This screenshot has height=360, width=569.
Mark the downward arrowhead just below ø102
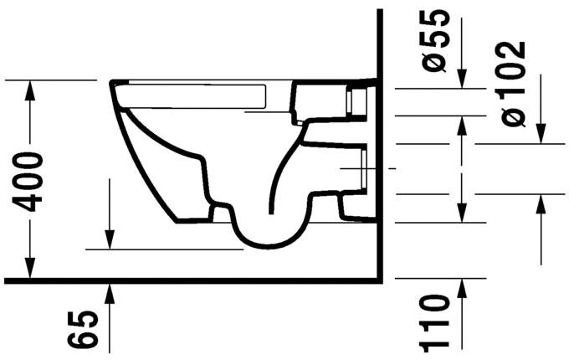(x=541, y=135)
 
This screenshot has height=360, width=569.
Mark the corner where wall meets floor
(x=382, y=278)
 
